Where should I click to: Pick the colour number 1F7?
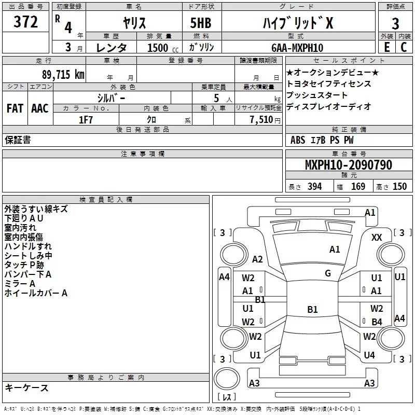click(x=86, y=119)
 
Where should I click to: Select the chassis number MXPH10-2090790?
click(x=348, y=165)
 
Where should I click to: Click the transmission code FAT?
click(x=15, y=108)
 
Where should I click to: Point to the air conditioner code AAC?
click(x=39, y=108)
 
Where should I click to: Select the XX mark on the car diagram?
click(x=377, y=237)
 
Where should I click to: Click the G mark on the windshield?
click(x=328, y=273)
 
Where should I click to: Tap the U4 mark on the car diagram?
click(x=369, y=355)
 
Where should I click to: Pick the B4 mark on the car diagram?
click(x=377, y=322)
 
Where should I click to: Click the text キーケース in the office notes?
click(x=26, y=388)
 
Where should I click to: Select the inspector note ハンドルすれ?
click(x=28, y=246)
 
